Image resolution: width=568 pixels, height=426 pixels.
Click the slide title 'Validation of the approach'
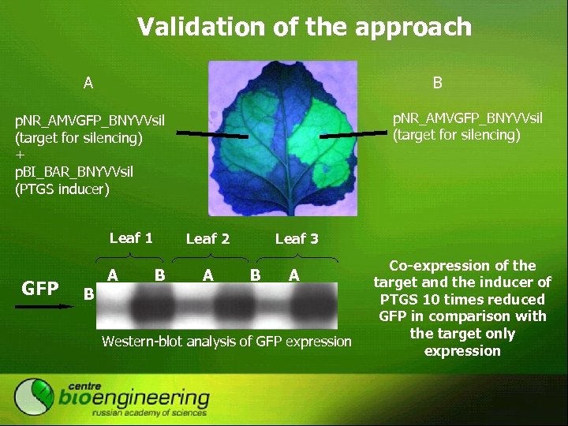click(304, 28)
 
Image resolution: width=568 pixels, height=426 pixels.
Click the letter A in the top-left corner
click(89, 82)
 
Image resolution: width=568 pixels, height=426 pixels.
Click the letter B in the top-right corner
click(437, 82)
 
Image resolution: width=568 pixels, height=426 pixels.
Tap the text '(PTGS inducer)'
click(62, 189)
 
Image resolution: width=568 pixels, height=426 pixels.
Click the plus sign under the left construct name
click(21, 155)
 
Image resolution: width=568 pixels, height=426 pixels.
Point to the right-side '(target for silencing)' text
click(457, 135)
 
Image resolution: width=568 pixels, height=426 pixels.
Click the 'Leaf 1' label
click(131, 237)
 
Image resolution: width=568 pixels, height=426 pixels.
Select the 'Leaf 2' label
click(207, 238)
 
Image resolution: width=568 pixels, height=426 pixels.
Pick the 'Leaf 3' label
click(297, 238)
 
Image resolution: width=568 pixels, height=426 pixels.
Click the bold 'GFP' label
click(40, 289)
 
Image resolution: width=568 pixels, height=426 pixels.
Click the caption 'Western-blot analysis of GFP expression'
click(227, 341)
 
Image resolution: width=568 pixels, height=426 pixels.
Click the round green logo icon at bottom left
click(34, 397)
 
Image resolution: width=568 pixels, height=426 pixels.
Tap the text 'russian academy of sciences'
click(149, 413)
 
